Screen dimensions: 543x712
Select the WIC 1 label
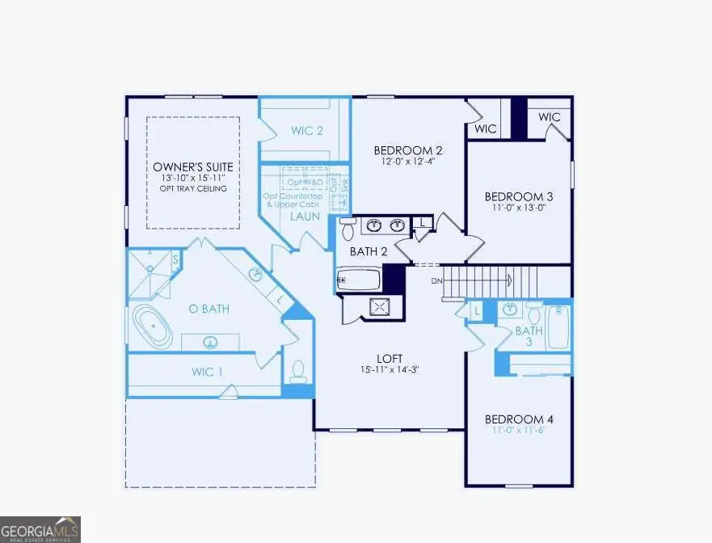click(x=208, y=373)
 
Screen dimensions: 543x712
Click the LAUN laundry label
click(x=305, y=217)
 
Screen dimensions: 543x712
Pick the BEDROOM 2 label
click(x=407, y=150)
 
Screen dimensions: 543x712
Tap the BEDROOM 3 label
click(x=519, y=196)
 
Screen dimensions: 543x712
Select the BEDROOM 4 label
click(x=519, y=419)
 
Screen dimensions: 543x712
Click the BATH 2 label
click(x=369, y=251)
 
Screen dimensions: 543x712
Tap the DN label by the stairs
click(x=436, y=280)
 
